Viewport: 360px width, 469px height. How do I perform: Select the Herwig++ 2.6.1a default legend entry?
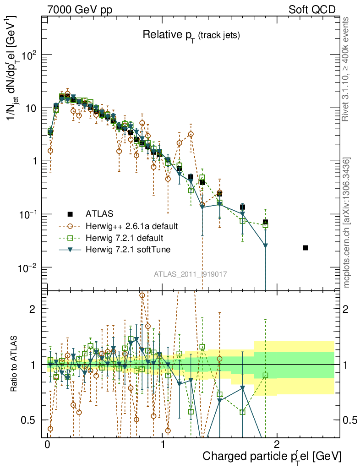click(131, 226)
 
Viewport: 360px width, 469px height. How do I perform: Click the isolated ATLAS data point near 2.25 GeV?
click(305, 248)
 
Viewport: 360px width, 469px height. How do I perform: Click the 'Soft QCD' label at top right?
click(312, 10)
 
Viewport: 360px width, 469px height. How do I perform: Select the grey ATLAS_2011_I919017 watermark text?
click(191, 274)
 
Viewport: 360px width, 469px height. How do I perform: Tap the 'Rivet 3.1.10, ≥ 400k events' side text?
click(346, 69)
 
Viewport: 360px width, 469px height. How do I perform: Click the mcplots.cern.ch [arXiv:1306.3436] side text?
click(347, 223)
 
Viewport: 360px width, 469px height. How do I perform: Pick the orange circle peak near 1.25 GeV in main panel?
click(191, 134)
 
